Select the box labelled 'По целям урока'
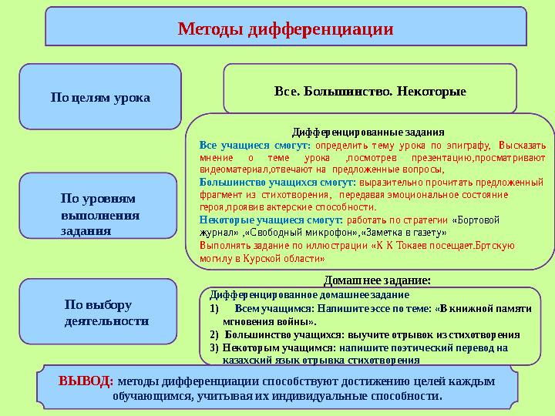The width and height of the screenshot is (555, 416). click(99, 98)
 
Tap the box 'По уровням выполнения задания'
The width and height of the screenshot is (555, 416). click(99, 213)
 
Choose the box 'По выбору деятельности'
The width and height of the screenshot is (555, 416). click(106, 312)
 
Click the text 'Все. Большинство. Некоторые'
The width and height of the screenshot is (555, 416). click(370, 92)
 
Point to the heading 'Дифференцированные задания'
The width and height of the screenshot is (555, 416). click(368, 132)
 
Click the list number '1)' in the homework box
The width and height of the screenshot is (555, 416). click(215, 307)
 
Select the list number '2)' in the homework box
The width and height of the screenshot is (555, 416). click(215, 335)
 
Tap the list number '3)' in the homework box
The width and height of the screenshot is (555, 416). click(215, 347)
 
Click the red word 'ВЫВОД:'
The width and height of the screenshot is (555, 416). click(86, 381)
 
